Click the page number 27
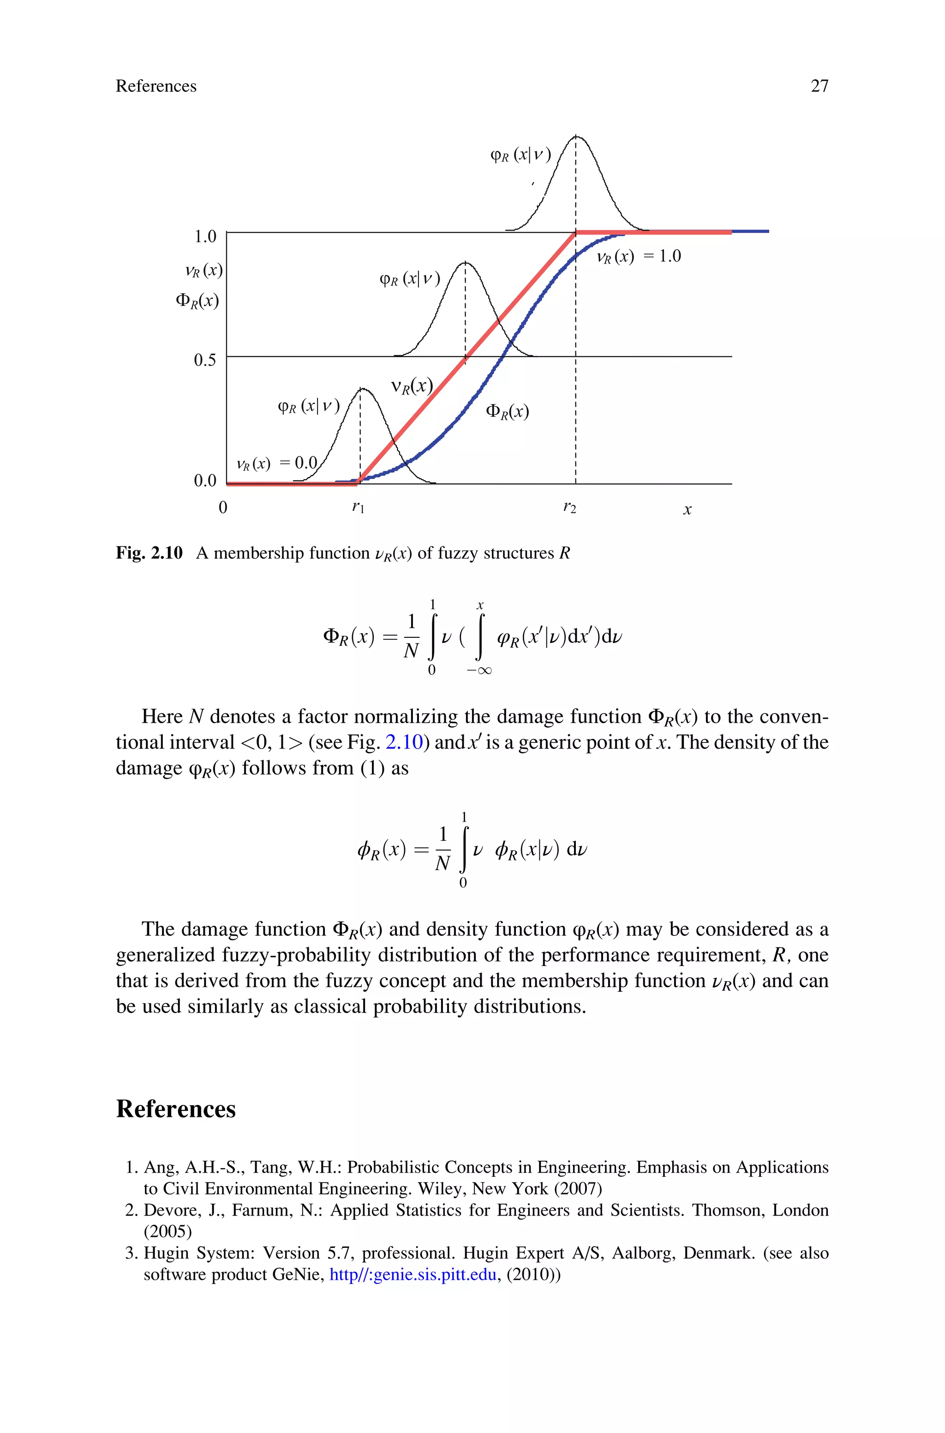tap(819, 86)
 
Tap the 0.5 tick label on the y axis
tap(204, 360)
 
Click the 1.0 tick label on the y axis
tap(204, 236)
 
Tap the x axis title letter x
tap(687, 510)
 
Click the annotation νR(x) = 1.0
tap(638, 257)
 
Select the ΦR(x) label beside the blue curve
tap(507, 412)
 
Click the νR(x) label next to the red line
tap(412, 386)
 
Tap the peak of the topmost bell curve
tap(576, 137)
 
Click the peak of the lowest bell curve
tap(361, 389)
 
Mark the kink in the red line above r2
tap(575, 232)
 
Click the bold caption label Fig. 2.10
tap(149, 553)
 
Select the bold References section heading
tap(175, 1109)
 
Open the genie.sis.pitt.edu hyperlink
tap(413, 1275)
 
